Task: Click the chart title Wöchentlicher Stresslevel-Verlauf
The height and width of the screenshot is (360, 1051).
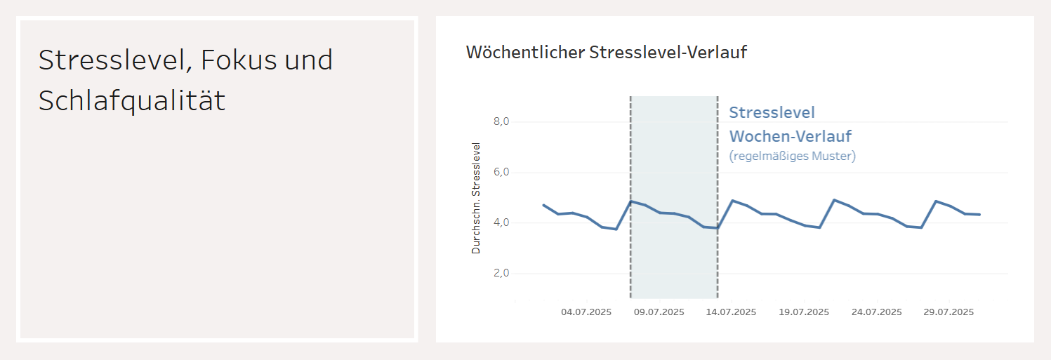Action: tap(606, 52)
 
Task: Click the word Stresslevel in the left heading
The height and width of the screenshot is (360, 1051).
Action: tap(112, 60)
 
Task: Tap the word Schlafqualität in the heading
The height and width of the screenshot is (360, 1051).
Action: tap(131, 101)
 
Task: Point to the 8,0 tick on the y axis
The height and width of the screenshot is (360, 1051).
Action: tap(501, 122)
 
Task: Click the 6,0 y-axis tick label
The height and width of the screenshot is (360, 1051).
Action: tap(501, 173)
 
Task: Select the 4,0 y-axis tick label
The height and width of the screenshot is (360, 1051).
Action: tap(501, 223)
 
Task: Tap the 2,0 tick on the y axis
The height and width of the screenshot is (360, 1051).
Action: tap(501, 274)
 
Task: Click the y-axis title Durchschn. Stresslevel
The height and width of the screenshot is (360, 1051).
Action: tap(477, 198)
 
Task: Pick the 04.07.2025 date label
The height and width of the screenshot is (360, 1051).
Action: tap(586, 312)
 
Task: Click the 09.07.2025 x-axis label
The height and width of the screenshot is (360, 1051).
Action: tap(659, 312)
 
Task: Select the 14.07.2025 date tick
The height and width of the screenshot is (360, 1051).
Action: tap(731, 312)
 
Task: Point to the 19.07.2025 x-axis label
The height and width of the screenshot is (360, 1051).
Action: tap(804, 312)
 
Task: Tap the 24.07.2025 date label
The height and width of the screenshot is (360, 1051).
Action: tap(876, 312)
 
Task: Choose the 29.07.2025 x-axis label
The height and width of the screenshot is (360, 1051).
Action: tap(948, 312)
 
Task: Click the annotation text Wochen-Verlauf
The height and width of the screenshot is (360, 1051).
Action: tap(790, 135)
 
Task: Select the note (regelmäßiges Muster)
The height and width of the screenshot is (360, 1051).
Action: tap(792, 156)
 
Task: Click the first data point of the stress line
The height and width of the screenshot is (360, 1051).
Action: tap(543, 205)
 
